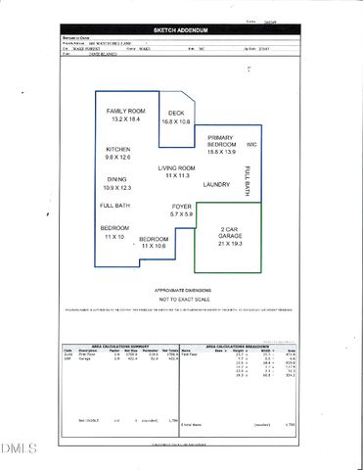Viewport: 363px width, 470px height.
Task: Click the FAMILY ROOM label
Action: (126, 111)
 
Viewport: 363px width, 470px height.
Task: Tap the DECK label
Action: (177, 113)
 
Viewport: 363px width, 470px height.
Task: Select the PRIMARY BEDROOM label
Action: (220, 142)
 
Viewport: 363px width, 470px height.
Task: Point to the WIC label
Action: (251, 145)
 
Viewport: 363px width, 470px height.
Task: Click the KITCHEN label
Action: (119, 149)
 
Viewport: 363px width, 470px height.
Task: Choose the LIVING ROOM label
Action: (177, 168)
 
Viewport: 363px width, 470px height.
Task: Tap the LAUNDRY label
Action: (216, 183)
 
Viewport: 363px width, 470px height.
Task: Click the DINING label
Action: (116, 179)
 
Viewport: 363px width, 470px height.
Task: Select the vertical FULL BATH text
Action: (247, 181)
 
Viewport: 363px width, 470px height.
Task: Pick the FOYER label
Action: (183, 206)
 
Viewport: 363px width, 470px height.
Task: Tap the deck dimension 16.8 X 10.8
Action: (177, 122)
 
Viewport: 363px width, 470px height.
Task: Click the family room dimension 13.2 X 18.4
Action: (125, 120)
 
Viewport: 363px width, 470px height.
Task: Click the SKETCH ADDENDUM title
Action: (182, 30)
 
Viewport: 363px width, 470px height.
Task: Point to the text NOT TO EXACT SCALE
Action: (182, 300)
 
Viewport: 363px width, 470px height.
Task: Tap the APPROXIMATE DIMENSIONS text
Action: (182, 290)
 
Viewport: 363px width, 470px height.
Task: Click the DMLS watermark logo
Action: (16, 449)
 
